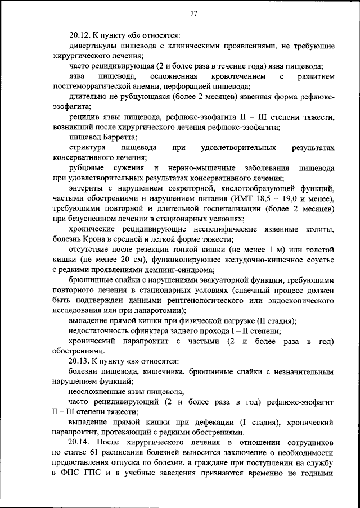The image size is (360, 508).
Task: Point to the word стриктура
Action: pyautogui.click(x=86, y=148)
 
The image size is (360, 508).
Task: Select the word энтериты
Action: pyautogui.click(x=85, y=188)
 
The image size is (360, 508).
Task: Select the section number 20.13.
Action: pyautogui.click(x=79, y=361)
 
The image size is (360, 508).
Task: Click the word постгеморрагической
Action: pyautogui.click(x=98, y=86)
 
